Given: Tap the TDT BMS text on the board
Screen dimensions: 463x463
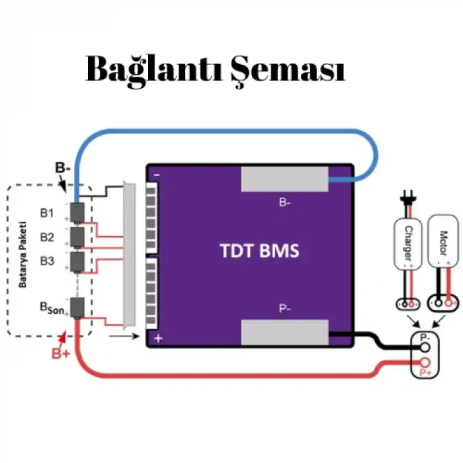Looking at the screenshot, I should [x=259, y=251].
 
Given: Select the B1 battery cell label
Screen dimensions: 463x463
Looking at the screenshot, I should [x=47, y=214].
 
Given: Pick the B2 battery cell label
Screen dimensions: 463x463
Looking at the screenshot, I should [x=47, y=237].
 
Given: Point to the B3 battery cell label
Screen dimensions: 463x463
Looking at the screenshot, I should [x=47, y=261].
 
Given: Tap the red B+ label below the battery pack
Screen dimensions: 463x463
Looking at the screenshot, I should [x=62, y=353].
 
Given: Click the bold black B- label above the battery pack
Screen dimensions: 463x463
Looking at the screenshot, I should [x=63, y=168].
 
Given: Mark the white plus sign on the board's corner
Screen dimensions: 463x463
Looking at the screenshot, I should [x=157, y=338].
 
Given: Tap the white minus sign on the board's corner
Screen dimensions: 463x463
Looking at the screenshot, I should [x=157, y=175].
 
